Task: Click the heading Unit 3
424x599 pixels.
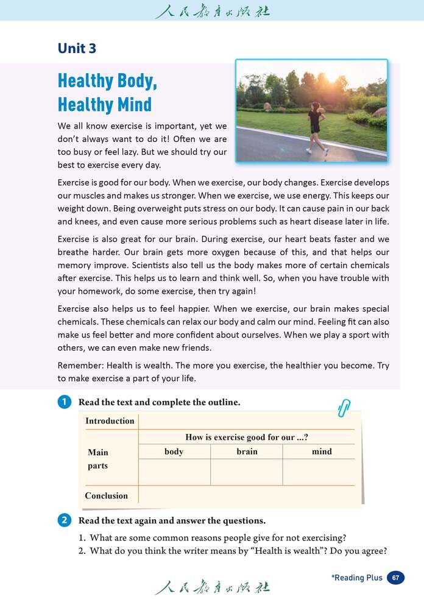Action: [x=77, y=49]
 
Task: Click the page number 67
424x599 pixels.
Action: [x=395, y=577]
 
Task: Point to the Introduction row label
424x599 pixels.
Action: [x=110, y=421]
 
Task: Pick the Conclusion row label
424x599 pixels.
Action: [x=107, y=496]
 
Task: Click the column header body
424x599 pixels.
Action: [x=174, y=452]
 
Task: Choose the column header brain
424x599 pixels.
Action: [x=247, y=452]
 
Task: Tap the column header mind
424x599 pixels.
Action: [x=322, y=452]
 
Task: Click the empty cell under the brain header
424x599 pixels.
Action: [x=246, y=472]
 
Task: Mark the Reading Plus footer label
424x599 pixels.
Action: [x=357, y=577]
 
